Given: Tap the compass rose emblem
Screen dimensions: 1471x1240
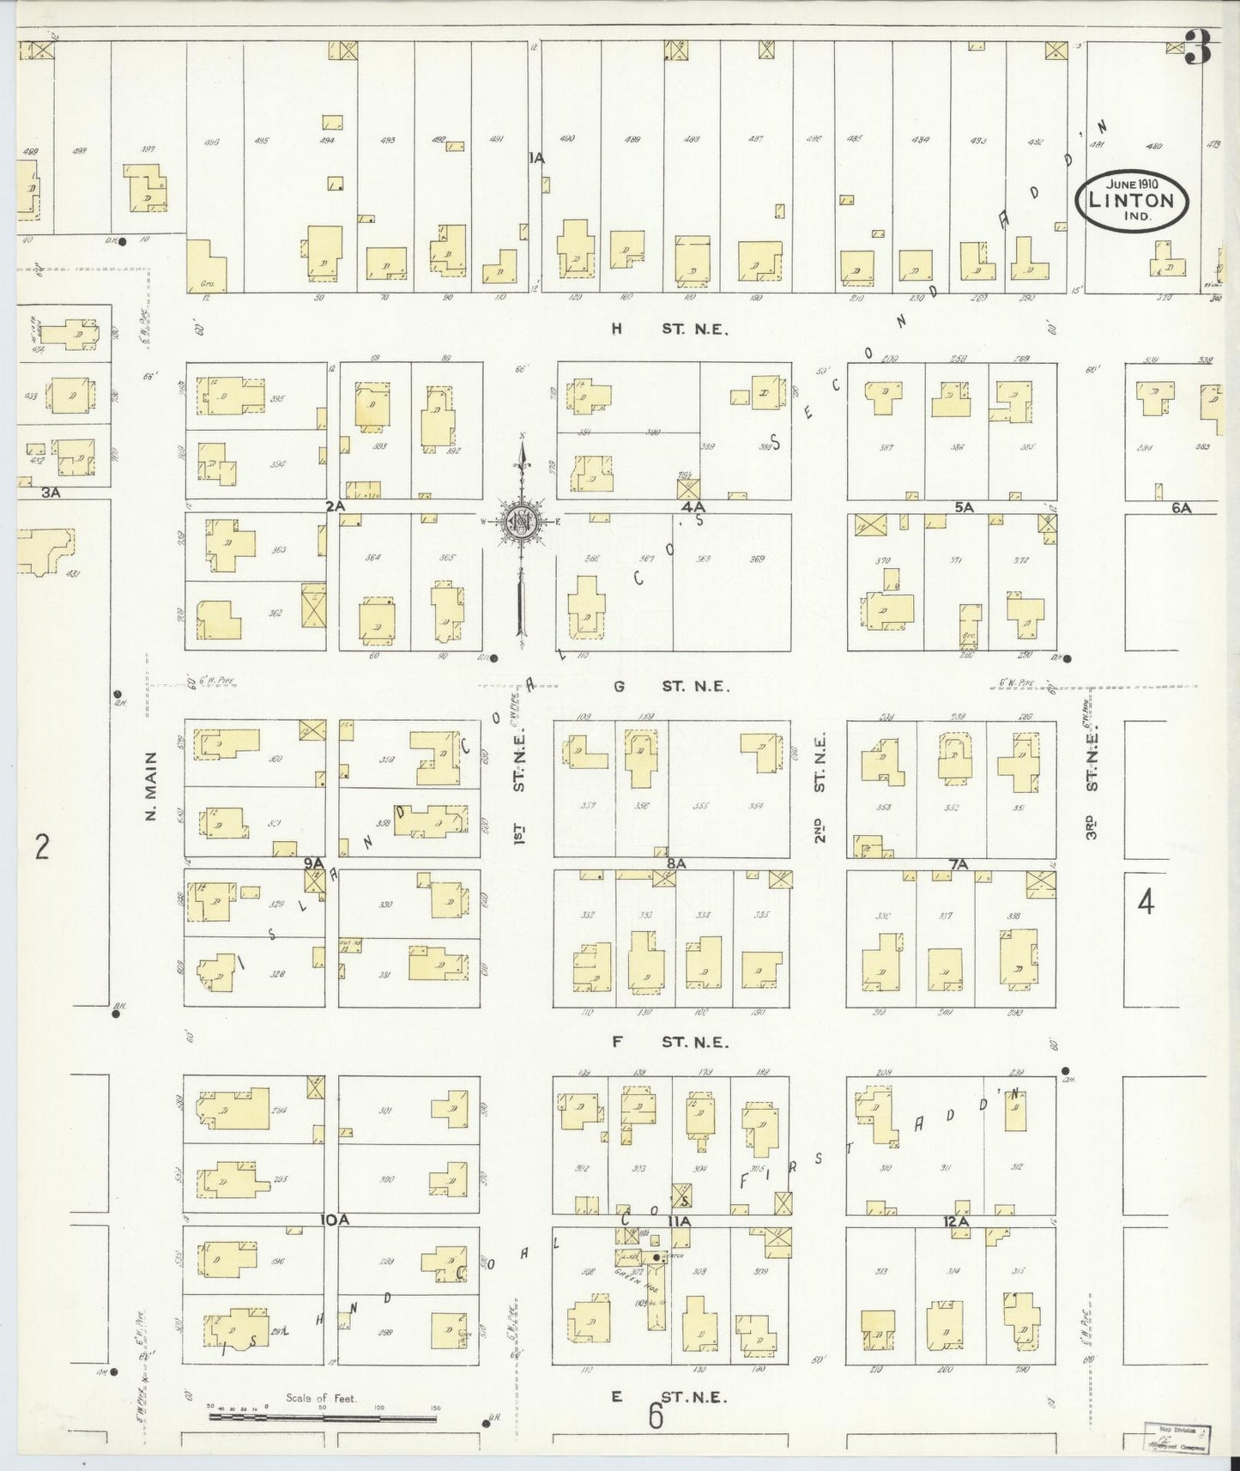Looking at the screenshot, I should click(522, 520).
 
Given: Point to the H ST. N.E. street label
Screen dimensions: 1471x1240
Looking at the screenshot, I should click(669, 328).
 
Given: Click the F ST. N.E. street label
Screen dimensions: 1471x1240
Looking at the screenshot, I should click(669, 1042).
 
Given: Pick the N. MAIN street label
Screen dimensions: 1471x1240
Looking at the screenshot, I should click(151, 785).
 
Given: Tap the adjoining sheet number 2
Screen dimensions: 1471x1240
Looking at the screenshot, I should click(42, 846).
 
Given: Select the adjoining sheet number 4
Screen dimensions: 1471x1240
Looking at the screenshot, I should click(1146, 902).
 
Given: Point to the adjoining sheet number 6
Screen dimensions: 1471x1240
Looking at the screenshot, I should click(656, 1416).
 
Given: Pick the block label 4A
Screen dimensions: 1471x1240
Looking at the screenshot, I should click(693, 507).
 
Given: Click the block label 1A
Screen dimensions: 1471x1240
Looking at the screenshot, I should click(537, 157).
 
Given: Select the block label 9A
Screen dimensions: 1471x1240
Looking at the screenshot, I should click(313, 863).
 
